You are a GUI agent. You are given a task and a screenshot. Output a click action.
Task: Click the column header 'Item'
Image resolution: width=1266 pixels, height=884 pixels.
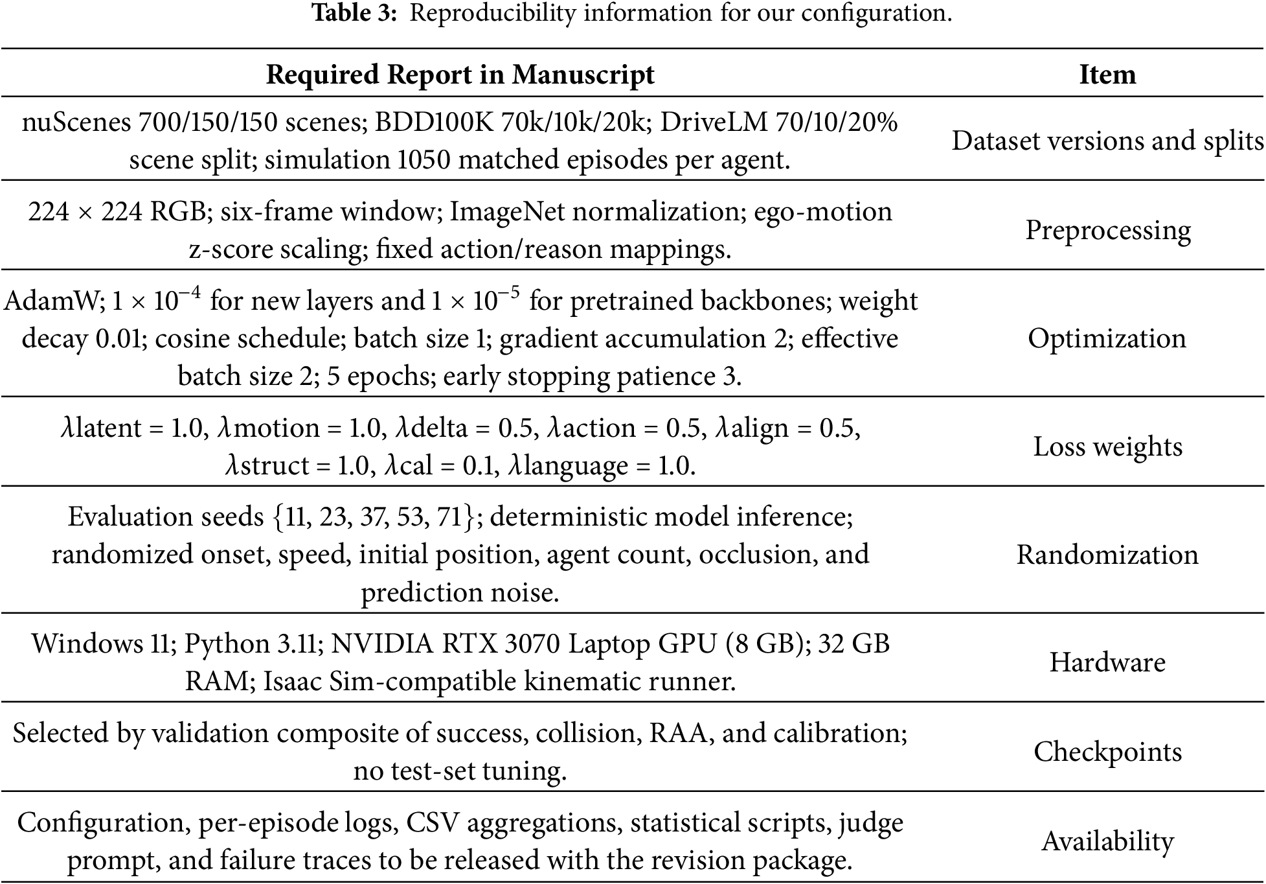point(1107,75)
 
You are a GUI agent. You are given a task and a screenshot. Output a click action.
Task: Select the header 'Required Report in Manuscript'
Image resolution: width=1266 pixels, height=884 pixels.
point(460,75)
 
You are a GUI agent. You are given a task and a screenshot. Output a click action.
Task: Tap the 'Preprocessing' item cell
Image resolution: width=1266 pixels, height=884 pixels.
point(1107,231)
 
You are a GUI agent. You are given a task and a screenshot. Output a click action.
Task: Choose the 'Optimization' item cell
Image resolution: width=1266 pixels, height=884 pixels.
point(1107,338)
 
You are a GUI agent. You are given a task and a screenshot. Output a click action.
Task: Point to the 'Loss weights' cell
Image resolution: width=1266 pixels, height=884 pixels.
point(1107,447)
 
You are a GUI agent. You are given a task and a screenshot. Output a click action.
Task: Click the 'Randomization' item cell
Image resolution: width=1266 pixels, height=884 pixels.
point(1107,555)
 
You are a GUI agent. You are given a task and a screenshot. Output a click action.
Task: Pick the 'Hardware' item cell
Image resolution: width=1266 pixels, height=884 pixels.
point(1107,662)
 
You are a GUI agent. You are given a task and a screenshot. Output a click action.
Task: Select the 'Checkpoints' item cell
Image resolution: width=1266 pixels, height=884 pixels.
point(1107,752)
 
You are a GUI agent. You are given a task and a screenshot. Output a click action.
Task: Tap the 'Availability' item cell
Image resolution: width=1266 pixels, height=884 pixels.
point(1107,841)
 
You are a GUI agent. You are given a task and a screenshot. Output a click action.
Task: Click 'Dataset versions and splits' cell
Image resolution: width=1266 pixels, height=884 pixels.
point(1107,141)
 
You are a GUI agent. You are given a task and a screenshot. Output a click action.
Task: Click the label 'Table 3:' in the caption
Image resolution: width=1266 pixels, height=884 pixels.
point(354,13)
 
